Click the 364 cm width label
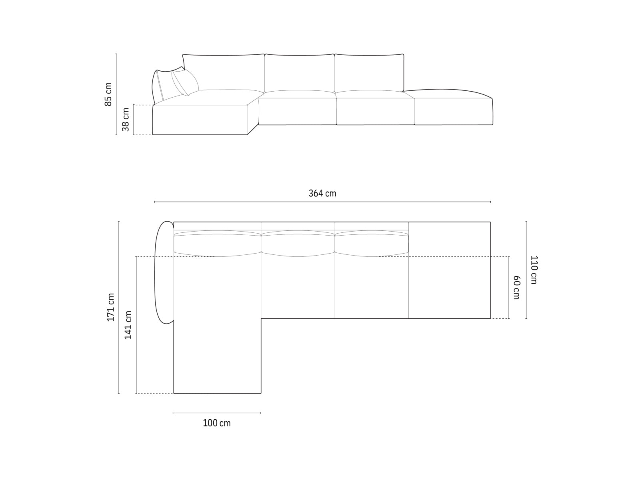322,194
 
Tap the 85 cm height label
108,94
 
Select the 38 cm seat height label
126,120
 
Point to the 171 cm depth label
111,307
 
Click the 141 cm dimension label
128,325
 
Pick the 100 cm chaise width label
216,423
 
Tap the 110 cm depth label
534,270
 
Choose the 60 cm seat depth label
516,287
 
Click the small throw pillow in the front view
185,82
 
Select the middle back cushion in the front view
299,72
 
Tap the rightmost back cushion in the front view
369,72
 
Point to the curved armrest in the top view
163,272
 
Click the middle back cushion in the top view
298,244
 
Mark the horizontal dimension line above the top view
322,202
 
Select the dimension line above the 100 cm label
217,413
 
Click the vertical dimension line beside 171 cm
119,307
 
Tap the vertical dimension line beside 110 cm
526,270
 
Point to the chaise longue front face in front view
200,120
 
